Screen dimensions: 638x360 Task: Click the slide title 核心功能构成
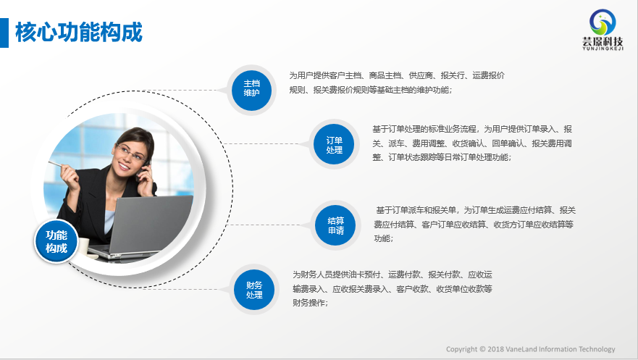pyautogui.click(x=79, y=33)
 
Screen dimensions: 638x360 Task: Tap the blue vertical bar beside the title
pyautogui.click(x=4, y=33)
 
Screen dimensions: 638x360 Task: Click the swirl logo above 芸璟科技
pyautogui.click(x=603, y=22)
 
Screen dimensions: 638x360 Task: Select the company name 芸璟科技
pyautogui.click(x=603, y=41)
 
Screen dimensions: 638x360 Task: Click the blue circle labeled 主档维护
pyautogui.click(x=251, y=90)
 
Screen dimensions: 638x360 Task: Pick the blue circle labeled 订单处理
pyautogui.click(x=334, y=144)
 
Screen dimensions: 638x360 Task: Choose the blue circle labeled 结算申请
pyautogui.click(x=336, y=225)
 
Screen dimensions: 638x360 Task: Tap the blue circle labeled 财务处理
pyautogui.click(x=254, y=290)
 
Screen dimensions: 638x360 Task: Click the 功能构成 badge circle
pyautogui.click(x=56, y=241)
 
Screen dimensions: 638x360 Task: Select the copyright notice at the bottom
pyautogui.click(x=531, y=349)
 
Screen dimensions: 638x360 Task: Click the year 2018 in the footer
pyautogui.click(x=496, y=349)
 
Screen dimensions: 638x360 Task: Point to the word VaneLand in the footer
pyautogui.click(x=521, y=349)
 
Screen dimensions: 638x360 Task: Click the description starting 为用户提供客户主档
pyautogui.click(x=397, y=83)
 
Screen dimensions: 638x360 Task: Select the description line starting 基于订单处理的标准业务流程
pyautogui.click(x=472, y=129)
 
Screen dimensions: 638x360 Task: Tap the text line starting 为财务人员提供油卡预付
pyautogui.click(x=393, y=275)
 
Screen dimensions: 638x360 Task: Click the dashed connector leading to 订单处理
pyautogui.click(x=267, y=143)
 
